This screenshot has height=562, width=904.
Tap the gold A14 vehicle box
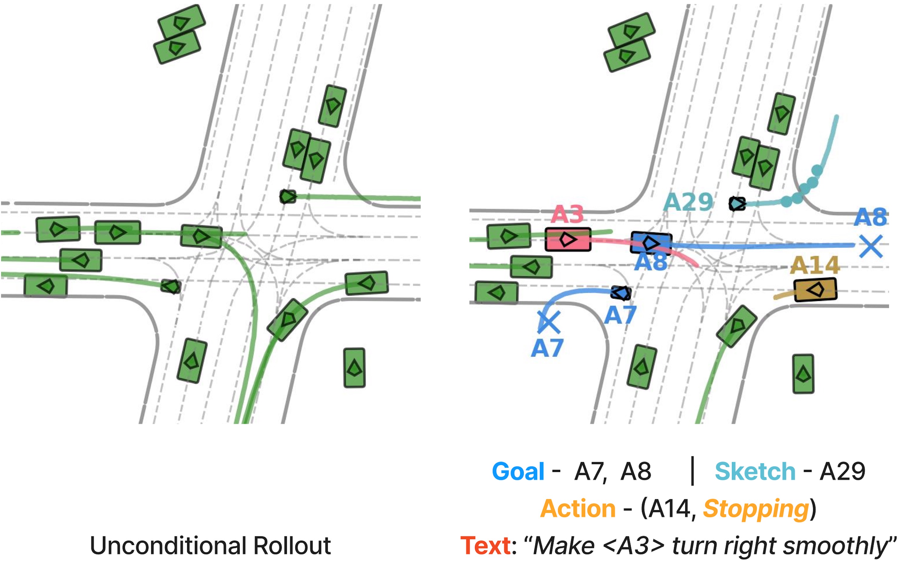coord(815,289)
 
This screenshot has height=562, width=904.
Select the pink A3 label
coord(567,215)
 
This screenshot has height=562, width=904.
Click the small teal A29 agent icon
coord(737,204)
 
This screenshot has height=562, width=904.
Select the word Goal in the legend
coord(518,472)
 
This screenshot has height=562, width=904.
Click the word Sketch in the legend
coord(755,472)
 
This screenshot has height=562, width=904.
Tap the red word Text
coord(485,546)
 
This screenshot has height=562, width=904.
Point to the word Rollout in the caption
coord(292,546)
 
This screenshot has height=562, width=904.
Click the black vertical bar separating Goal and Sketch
coord(692,471)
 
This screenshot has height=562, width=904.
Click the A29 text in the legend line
coord(842,472)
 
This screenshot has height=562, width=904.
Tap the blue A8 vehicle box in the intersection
coord(651,243)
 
